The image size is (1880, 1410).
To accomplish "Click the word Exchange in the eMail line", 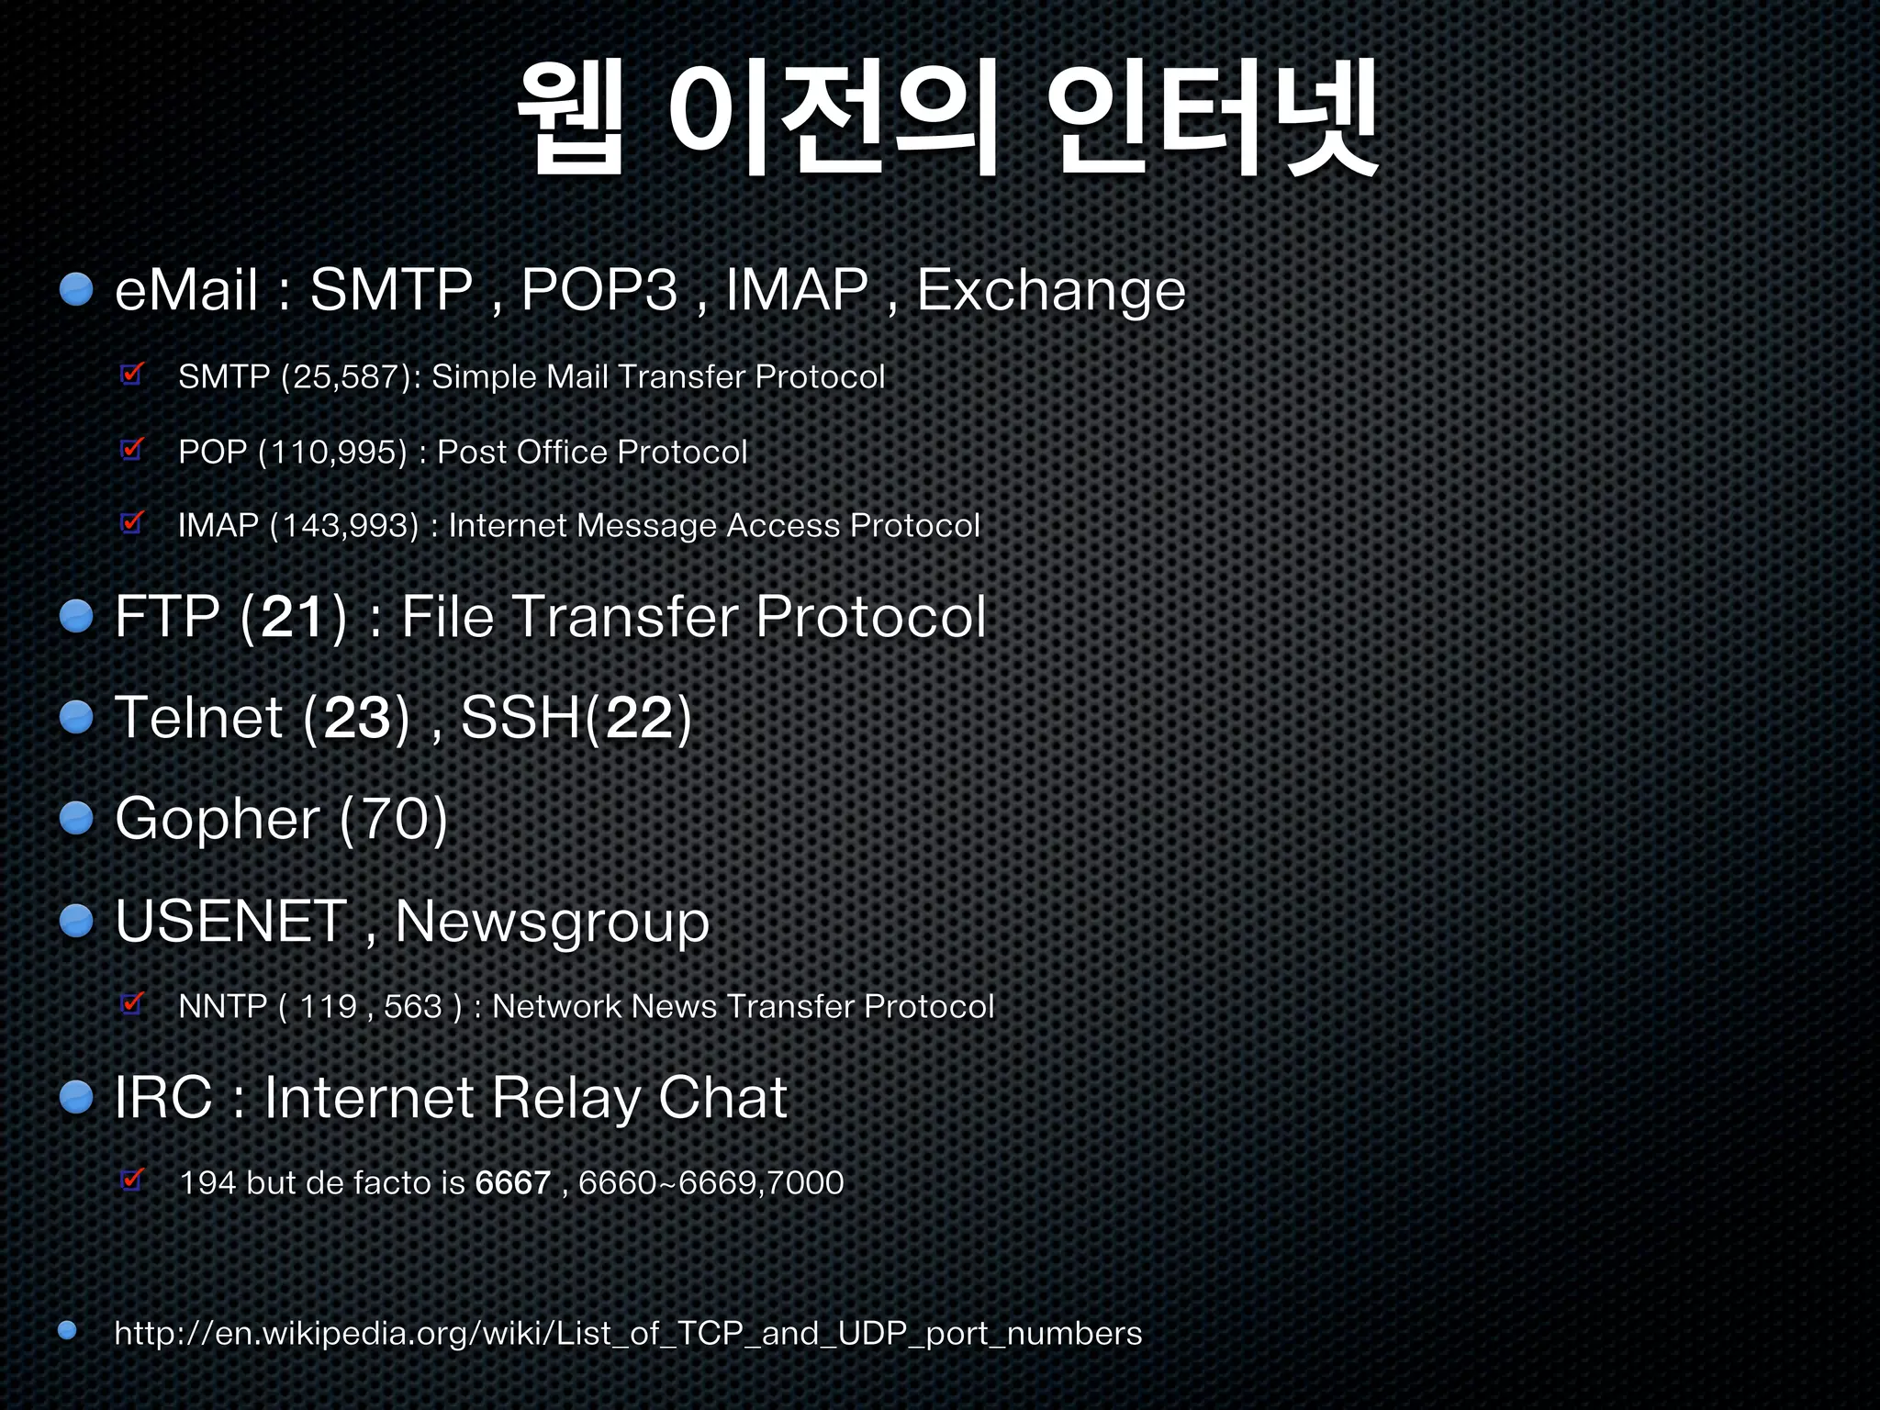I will (x=1051, y=292).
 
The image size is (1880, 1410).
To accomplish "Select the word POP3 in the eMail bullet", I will (x=599, y=290).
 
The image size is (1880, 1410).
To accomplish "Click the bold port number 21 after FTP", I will (x=292, y=617).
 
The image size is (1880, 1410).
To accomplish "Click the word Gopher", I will (x=217, y=820).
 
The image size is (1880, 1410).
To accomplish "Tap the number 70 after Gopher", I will (x=393, y=820).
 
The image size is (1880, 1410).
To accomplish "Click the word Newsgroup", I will (x=552, y=923).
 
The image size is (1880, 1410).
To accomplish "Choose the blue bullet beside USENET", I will (x=76, y=921).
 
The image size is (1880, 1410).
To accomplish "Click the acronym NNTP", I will (x=222, y=1007).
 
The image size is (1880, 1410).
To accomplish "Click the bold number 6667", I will (x=512, y=1183).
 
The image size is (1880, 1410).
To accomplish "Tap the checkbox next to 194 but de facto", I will (x=132, y=1180).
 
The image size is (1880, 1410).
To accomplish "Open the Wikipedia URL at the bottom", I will (x=628, y=1333).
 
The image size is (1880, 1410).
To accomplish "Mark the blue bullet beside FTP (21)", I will (x=76, y=616).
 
